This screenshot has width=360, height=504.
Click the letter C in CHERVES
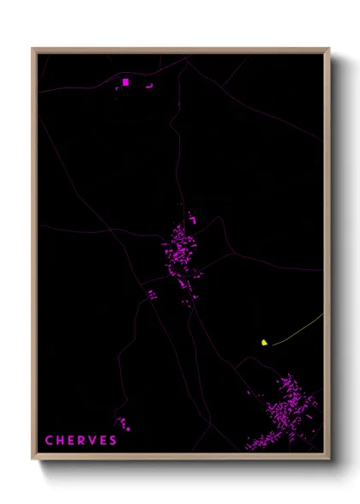(49, 441)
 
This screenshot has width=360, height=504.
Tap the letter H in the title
(60, 441)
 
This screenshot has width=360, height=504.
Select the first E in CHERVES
(71, 441)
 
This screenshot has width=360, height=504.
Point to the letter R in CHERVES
(81, 441)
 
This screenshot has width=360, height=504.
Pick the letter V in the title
(93, 441)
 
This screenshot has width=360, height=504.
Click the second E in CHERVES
(103, 441)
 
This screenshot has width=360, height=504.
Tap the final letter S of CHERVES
(113, 441)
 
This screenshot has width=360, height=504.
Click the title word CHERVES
(81, 441)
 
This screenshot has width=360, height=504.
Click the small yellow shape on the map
(265, 342)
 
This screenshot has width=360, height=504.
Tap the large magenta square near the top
(125, 82)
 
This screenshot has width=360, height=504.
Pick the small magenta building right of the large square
(148, 86)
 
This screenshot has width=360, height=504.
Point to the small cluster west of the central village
(153, 295)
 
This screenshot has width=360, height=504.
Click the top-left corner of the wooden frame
(33, 49)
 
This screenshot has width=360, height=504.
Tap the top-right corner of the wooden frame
(328, 49)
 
